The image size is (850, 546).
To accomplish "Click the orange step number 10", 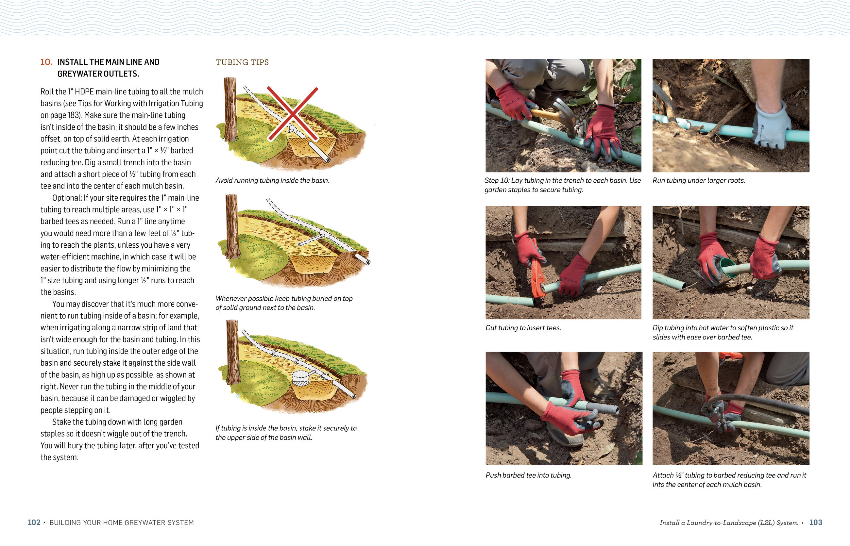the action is (x=46, y=62).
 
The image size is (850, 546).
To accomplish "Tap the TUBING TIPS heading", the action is (x=242, y=62).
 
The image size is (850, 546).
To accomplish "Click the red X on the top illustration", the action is (x=292, y=113).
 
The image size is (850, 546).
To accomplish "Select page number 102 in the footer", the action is (x=34, y=522).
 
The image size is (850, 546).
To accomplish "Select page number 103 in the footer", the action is (x=816, y=522).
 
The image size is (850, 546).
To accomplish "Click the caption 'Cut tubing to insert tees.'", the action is (x=523, y=328).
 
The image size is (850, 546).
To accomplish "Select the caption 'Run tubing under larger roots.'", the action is (x=699, y=180).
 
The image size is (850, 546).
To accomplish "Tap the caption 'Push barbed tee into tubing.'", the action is (x=529, y=475).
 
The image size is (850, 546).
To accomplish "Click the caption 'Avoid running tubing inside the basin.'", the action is (x=272, y=180).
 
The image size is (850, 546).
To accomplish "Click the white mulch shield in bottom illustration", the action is (x=301, y=378).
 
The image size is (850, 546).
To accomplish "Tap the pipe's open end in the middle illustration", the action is (x=368, y=262).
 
